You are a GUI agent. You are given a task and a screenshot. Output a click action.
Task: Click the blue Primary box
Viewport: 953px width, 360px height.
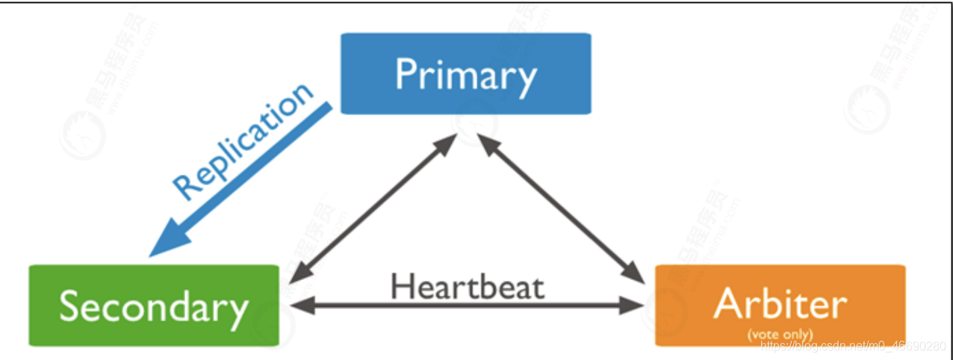[x=465, y=73]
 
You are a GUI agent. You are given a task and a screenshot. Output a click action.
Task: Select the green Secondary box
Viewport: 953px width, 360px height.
[x=153, y=305]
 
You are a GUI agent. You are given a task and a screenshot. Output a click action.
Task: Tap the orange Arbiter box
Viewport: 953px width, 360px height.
[x=780, y=305]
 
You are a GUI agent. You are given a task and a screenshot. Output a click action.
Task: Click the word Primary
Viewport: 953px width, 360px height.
[x=465, y=75]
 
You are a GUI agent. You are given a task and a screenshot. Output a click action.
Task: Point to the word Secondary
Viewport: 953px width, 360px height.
[x=153, y=306]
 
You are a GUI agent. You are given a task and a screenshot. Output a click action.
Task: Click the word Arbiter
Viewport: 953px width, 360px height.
[x=780, y=303]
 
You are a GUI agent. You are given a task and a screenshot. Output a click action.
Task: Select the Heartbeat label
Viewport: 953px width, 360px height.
[x=467, y=285]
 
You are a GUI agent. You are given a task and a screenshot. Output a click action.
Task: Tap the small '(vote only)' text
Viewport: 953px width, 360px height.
[x=780, y=333]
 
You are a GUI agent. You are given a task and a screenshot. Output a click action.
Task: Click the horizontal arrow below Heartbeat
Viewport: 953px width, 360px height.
[x=467, y=305]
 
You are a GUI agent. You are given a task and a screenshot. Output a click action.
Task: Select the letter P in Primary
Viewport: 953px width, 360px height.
[x=406, y=75]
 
